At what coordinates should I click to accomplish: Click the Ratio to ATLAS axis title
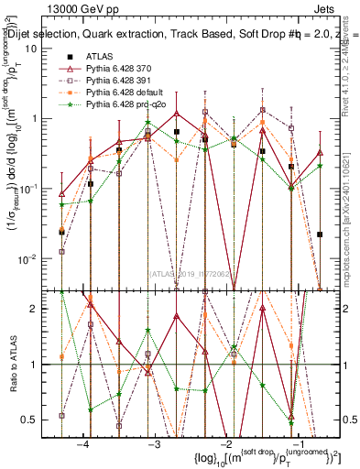pyautogui.click(x=11, y=364)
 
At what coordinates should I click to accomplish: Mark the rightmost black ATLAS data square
pyautogui.click(x=320, y=234)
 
